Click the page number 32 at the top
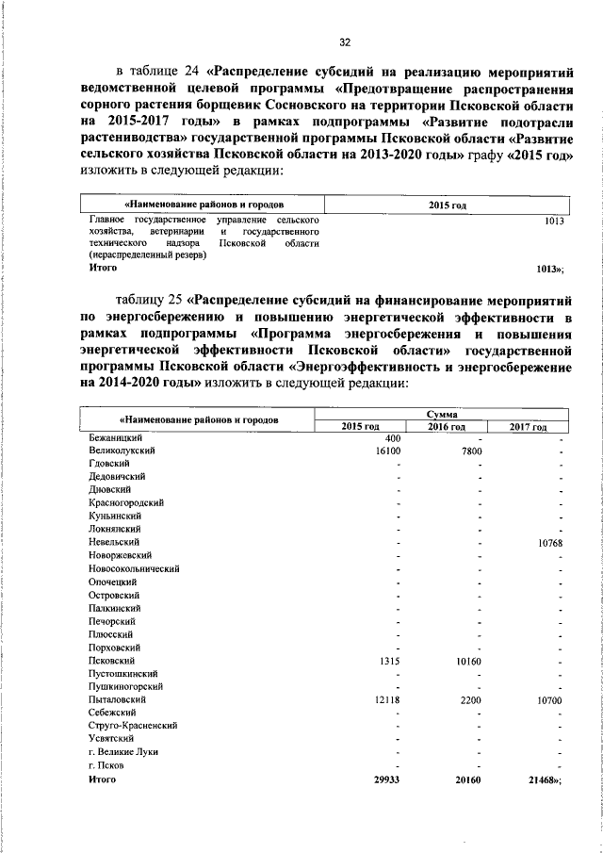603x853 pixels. tap(345, 41)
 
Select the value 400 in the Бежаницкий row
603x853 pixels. tap(393, 438)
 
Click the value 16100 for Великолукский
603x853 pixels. tap(388, 451)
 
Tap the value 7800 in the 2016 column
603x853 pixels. tap(470, 451)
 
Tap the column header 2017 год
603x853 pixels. tap(528, 426)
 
